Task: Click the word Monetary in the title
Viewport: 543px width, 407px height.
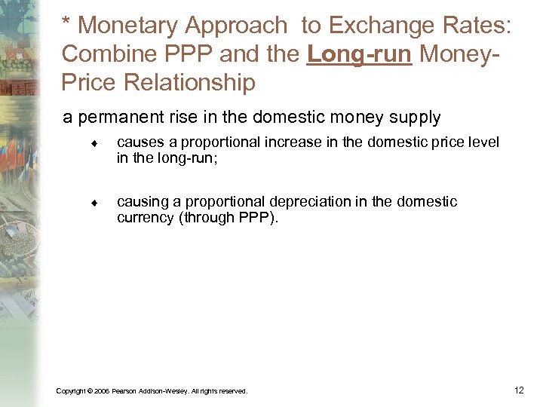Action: tap(127, 26)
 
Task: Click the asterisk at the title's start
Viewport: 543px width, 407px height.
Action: tap(67, 23)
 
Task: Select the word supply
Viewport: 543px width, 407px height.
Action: tap(415, 118)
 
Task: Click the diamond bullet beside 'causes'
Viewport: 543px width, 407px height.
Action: tap(91, 143)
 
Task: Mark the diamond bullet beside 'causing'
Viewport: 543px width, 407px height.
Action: tap(91, 203)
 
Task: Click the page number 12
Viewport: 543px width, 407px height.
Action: tap(518, 390)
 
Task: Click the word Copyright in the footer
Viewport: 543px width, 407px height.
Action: tap(70, 391)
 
